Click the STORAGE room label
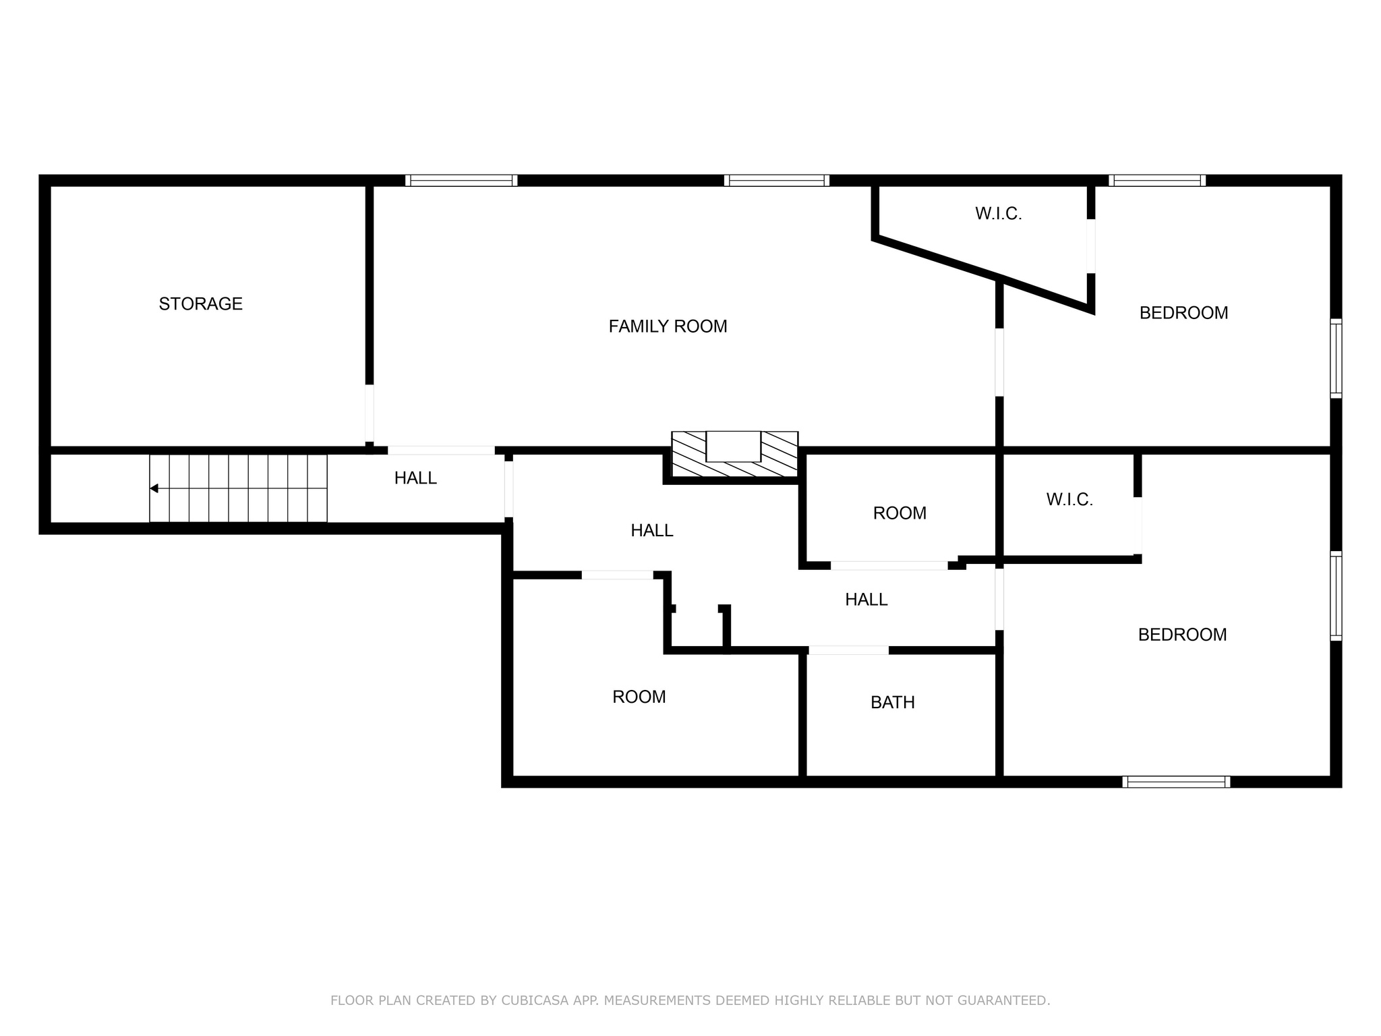[200, 304]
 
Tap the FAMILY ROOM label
[668, 326]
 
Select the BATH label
[893, 703]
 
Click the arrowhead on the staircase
[154, 488]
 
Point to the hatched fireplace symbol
[734, 455]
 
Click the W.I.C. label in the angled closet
[999, 214]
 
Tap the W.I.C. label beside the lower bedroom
[1069, 500]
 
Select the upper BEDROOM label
[1183, 313]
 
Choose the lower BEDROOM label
[1182, 635]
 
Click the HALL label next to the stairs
[415, 478]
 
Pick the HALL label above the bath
[866, 600]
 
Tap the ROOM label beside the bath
[639, 697]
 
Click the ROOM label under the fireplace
[900, 513]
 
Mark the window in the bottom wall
[1176, 782]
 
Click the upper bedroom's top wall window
[1157, 180]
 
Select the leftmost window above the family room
[461, 180]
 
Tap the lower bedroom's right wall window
[1336, 596]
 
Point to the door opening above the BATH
[848, 650]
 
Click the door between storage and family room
[370, 413]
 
